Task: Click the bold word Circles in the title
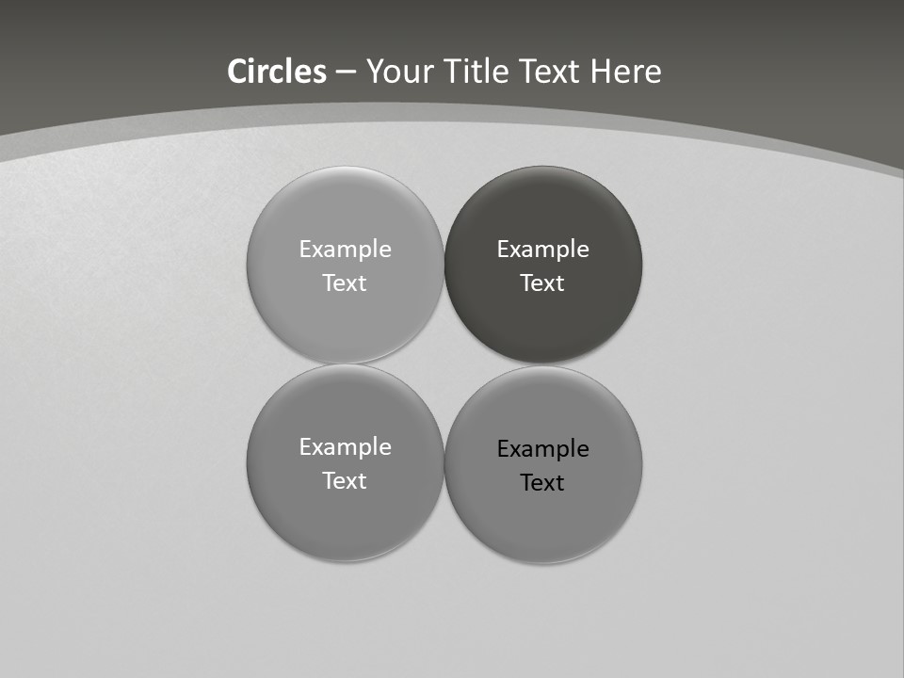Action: (x=277, y=72)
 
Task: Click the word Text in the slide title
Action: (x=551, y=72)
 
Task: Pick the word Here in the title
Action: (x=626, y=72)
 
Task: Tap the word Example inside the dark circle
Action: (x=542, y=250)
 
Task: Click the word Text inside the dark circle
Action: (x=542, y=283)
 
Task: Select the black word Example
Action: (x=542, y=449)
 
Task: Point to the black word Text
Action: (x=542, y=483)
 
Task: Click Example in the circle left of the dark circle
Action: (x=345, y=250)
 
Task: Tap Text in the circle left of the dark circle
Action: (x=345, y=283)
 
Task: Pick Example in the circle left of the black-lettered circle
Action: (x=345, y=447)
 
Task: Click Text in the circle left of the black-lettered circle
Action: (x=345, y=481)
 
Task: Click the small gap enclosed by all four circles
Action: (x=444, y=364)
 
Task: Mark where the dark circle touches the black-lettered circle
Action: (x=543, y=364)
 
